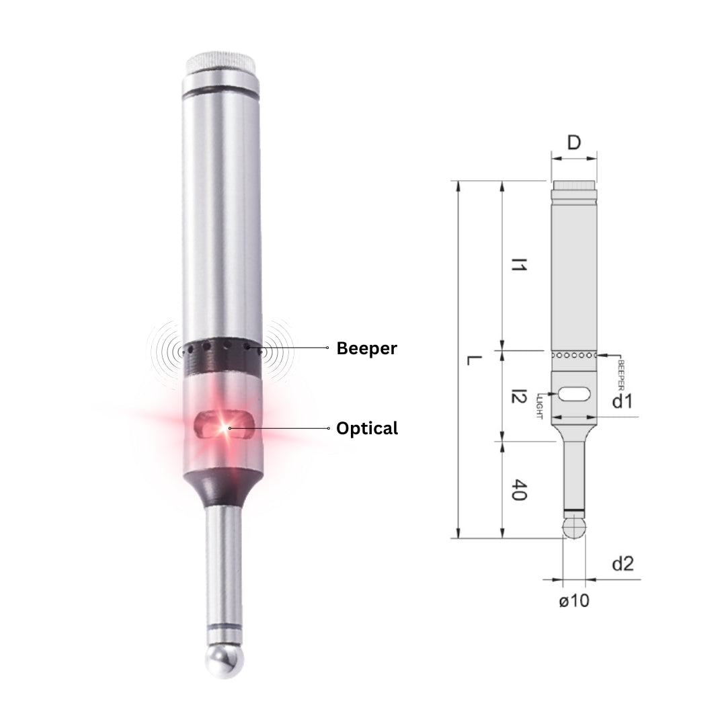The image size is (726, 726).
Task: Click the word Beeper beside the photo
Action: pyautogui.click(x=366, y=348)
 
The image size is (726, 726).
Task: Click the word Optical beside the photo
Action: pyautogui.click(x=366, y=428)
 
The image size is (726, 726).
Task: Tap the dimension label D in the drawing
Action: pyautogui.click(x=573, y=143)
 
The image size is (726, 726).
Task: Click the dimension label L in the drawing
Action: pyautogui.click(x=473, y=360)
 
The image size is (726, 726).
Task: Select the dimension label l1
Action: pyautogui.click(x=518, y=264)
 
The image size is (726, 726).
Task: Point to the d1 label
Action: pyautogui.click(x=622, y=402)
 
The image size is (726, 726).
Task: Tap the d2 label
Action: pyautogui.click(x=622, y=563)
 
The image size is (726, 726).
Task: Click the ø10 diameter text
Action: pyautogui.click(x=573, y=600)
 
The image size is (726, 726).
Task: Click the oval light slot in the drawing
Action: pyautogui.click(x=573, y=394)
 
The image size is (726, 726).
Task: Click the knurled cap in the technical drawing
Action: pyautogui.click(x=574, y=184)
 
